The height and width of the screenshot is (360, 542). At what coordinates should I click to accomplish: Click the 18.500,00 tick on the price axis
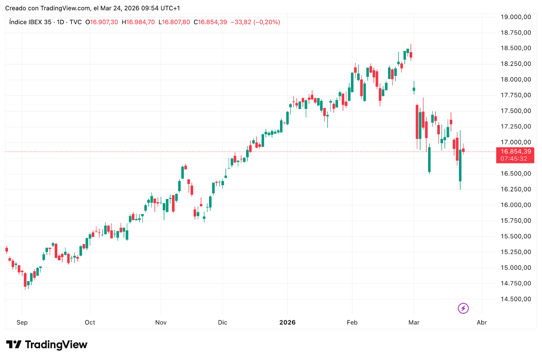tap(516, 48)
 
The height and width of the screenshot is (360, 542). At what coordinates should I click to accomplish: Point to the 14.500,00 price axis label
tap(516, 299)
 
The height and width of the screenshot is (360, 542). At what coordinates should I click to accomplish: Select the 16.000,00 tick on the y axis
tap(516, 205)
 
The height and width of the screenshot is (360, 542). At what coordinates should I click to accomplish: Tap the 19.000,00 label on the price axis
tap(516, 17)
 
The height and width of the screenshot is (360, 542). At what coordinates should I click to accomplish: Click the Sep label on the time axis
tap(22, 322)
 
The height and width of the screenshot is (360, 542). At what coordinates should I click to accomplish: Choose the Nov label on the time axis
tap(161, 322)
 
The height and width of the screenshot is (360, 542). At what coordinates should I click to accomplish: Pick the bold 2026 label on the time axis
tap(287, 322)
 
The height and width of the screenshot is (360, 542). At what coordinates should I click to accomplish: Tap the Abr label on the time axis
tap(481, 322)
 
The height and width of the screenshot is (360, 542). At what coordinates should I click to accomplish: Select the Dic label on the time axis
tap(222, 322)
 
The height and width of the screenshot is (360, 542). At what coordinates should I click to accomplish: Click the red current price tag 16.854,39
tap(516, 152)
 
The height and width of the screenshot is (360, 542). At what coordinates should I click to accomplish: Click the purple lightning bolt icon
tap(463, 308)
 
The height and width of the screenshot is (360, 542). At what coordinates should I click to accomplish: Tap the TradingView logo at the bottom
tap(47, 345)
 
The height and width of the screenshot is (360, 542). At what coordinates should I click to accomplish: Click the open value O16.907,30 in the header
tap(101, 22)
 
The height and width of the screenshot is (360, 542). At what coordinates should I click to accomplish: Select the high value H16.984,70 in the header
tap(138, 22)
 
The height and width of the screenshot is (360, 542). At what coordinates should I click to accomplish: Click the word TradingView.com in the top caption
tap(65, 8)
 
